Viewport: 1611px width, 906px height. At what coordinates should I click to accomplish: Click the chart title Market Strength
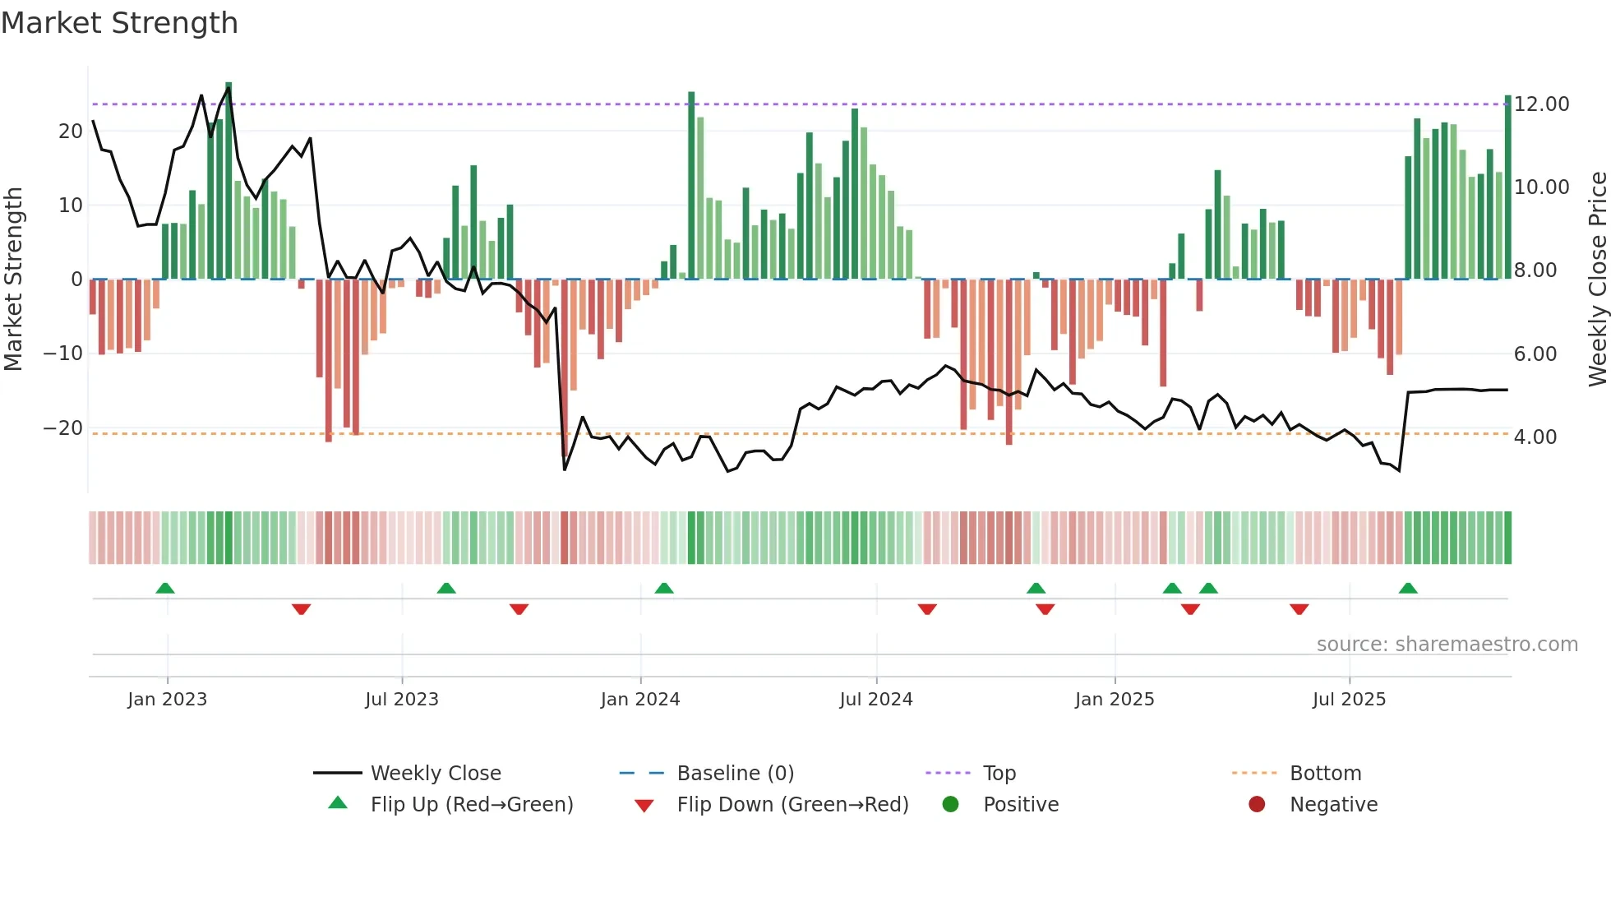pyautogui.click(x=119, y=23)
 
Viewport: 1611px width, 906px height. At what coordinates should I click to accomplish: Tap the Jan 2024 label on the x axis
pyautogui.click(x=640, y=700)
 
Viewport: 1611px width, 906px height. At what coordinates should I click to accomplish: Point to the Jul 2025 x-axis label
pyautogui.click(x=1349, y=700)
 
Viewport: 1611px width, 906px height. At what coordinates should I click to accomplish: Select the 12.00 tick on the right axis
pyautogui.click(x=1541, y=104)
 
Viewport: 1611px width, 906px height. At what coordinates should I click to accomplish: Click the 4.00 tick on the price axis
pyautogui.click(x=1535, y=437)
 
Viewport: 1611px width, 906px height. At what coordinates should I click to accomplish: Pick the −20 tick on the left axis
pyautogui.click(x=62, y=428)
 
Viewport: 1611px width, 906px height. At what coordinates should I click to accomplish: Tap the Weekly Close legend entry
pyautogui.click(x=435, y=774)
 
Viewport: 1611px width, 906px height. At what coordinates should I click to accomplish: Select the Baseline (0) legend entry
pyautogui.click(x=735, y=774)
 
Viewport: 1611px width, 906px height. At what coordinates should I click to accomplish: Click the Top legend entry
pyautogui.click(x=999, y=774)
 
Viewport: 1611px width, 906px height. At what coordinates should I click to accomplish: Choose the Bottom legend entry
pyautogui.click(x=1325, y=774)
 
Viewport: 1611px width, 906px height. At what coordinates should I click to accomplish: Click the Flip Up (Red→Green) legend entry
pyautogui.click(x=471, y=805)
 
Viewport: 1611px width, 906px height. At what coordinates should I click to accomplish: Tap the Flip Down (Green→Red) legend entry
pyautogui.click(x=792, y=805)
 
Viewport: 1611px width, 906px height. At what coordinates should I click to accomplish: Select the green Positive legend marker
pyautogui.click(x=950, y=805)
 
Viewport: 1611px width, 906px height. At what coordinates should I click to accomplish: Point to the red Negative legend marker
pyautogui.click(x=1257, y=805)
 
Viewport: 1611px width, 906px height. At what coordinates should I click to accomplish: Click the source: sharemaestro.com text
pyautogui.click(x=1447, y=645)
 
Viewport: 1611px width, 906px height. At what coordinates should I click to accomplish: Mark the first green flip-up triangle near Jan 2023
pyautogui.click(x=165, y=589)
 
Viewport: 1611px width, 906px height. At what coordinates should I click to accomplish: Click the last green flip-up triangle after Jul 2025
pyautogui.click(x=1408, y=589)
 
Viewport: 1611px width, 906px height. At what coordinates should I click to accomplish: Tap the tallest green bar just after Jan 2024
pyautogui.click(x=691, y=185)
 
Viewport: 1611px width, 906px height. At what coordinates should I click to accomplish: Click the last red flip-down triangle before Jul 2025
pyautogui.click(x=1299, y=609)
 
